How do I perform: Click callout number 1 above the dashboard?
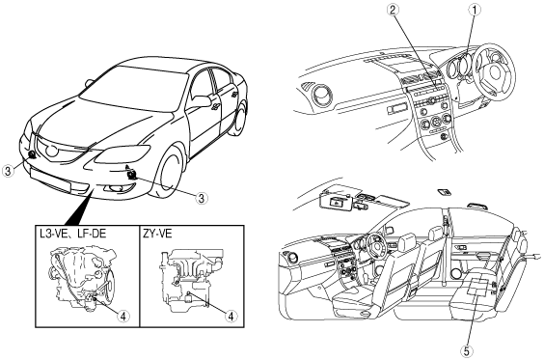475,10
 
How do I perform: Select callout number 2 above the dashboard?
393,10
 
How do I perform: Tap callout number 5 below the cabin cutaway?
466,351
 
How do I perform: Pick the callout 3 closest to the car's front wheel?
201,198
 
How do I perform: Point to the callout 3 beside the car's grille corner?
8,171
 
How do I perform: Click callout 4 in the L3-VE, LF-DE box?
122,316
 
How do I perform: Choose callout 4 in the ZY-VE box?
231,316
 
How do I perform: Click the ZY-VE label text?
157,234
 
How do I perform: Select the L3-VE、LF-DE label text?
73,234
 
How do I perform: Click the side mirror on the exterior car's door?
201,101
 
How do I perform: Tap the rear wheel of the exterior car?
240,119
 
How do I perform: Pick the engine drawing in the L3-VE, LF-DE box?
82,276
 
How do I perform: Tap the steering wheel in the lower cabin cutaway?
375,244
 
